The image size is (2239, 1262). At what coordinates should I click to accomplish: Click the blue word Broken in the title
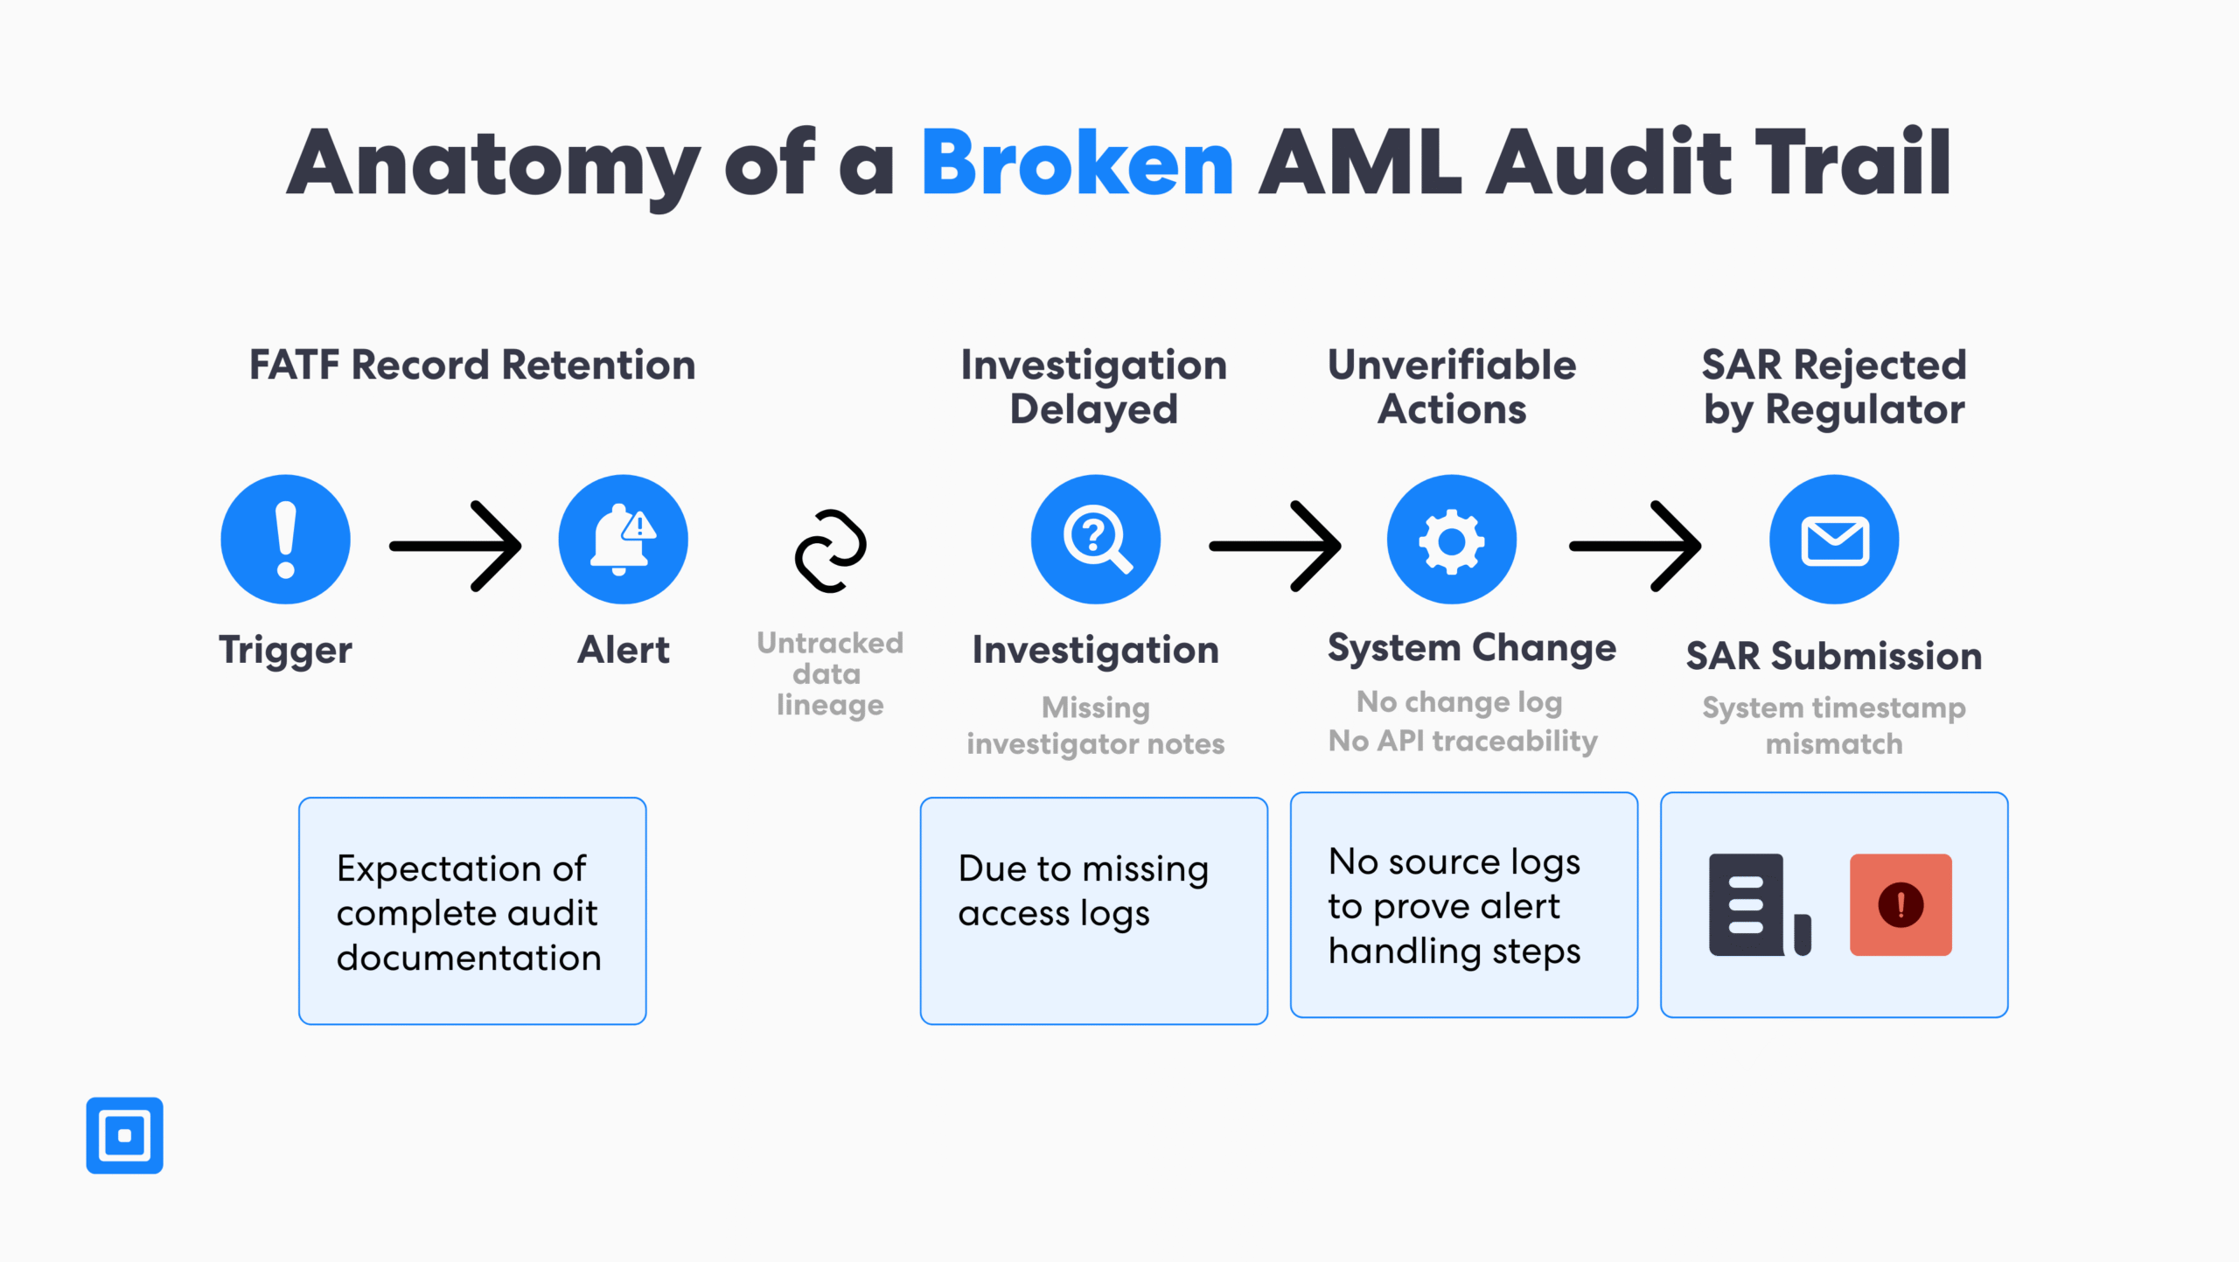click(1077, 163)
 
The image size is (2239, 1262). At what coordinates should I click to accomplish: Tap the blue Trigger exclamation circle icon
click(285, 540)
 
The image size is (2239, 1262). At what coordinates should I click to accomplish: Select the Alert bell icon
click(623, 540)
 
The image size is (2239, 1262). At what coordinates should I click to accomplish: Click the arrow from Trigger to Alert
click(456, 546)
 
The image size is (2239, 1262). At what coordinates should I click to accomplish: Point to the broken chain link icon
click(830, 550)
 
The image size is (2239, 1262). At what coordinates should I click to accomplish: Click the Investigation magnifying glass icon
click(1095, 540)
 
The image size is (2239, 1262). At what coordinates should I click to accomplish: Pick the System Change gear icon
click(1451, 540)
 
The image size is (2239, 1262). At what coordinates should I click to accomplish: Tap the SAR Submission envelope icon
click(1834, 540)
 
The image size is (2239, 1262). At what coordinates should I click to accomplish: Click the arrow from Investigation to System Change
click(1275, 546)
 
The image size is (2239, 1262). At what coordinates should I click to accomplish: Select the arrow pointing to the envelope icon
click(1635, 546)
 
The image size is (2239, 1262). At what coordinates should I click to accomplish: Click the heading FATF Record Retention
click(472, 365)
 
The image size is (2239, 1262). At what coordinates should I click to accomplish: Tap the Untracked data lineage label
click(829, 673)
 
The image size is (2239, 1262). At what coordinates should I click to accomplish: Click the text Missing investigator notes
click(1095, 725)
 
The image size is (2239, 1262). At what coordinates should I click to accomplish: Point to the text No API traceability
click(1462, 741)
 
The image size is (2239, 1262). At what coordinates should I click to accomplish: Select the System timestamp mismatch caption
click(1833, 725)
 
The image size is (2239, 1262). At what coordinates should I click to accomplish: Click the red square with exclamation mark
click(1901, 904)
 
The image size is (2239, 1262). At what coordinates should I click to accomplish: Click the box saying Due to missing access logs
click(1093, 910)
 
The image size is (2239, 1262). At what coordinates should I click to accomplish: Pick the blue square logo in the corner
click(124, 1135)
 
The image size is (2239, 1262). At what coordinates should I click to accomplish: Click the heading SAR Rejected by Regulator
click(1833, 387)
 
